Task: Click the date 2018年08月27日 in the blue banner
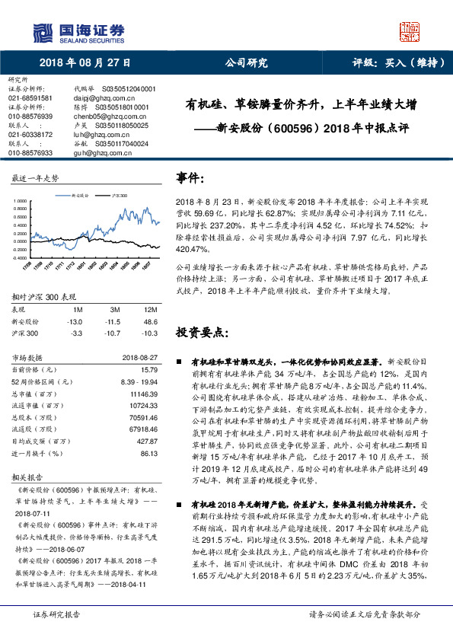pos(85,63)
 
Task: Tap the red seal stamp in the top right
pos(409,30)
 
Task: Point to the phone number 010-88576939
pos(30,116)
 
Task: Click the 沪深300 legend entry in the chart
pos(119,196)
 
